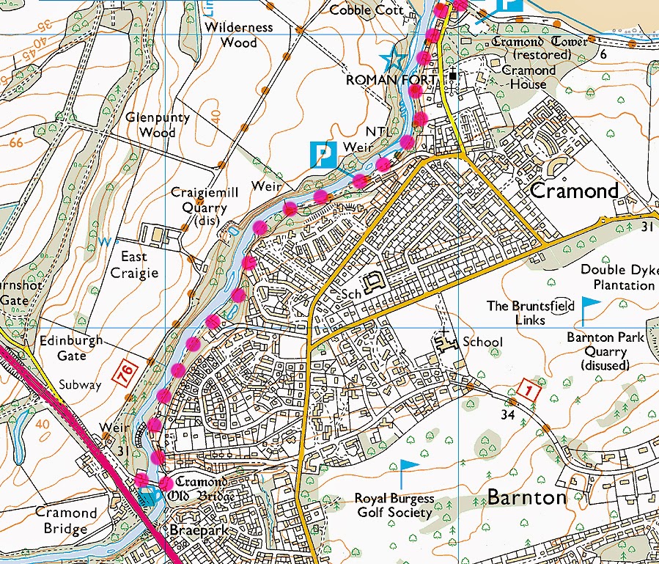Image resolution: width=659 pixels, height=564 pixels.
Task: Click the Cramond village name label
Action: click(574, 191)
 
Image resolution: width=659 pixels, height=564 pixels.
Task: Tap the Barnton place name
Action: click(526, 498)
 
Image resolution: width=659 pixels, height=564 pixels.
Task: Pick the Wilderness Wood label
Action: click(239, 35)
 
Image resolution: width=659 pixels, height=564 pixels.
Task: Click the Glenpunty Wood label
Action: click(157, 125)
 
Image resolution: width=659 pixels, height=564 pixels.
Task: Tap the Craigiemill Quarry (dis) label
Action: click(199, 200)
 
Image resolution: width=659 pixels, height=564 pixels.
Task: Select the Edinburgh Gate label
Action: click(73, 348)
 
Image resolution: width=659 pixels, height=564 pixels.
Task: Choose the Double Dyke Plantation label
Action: click(617, 277)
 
